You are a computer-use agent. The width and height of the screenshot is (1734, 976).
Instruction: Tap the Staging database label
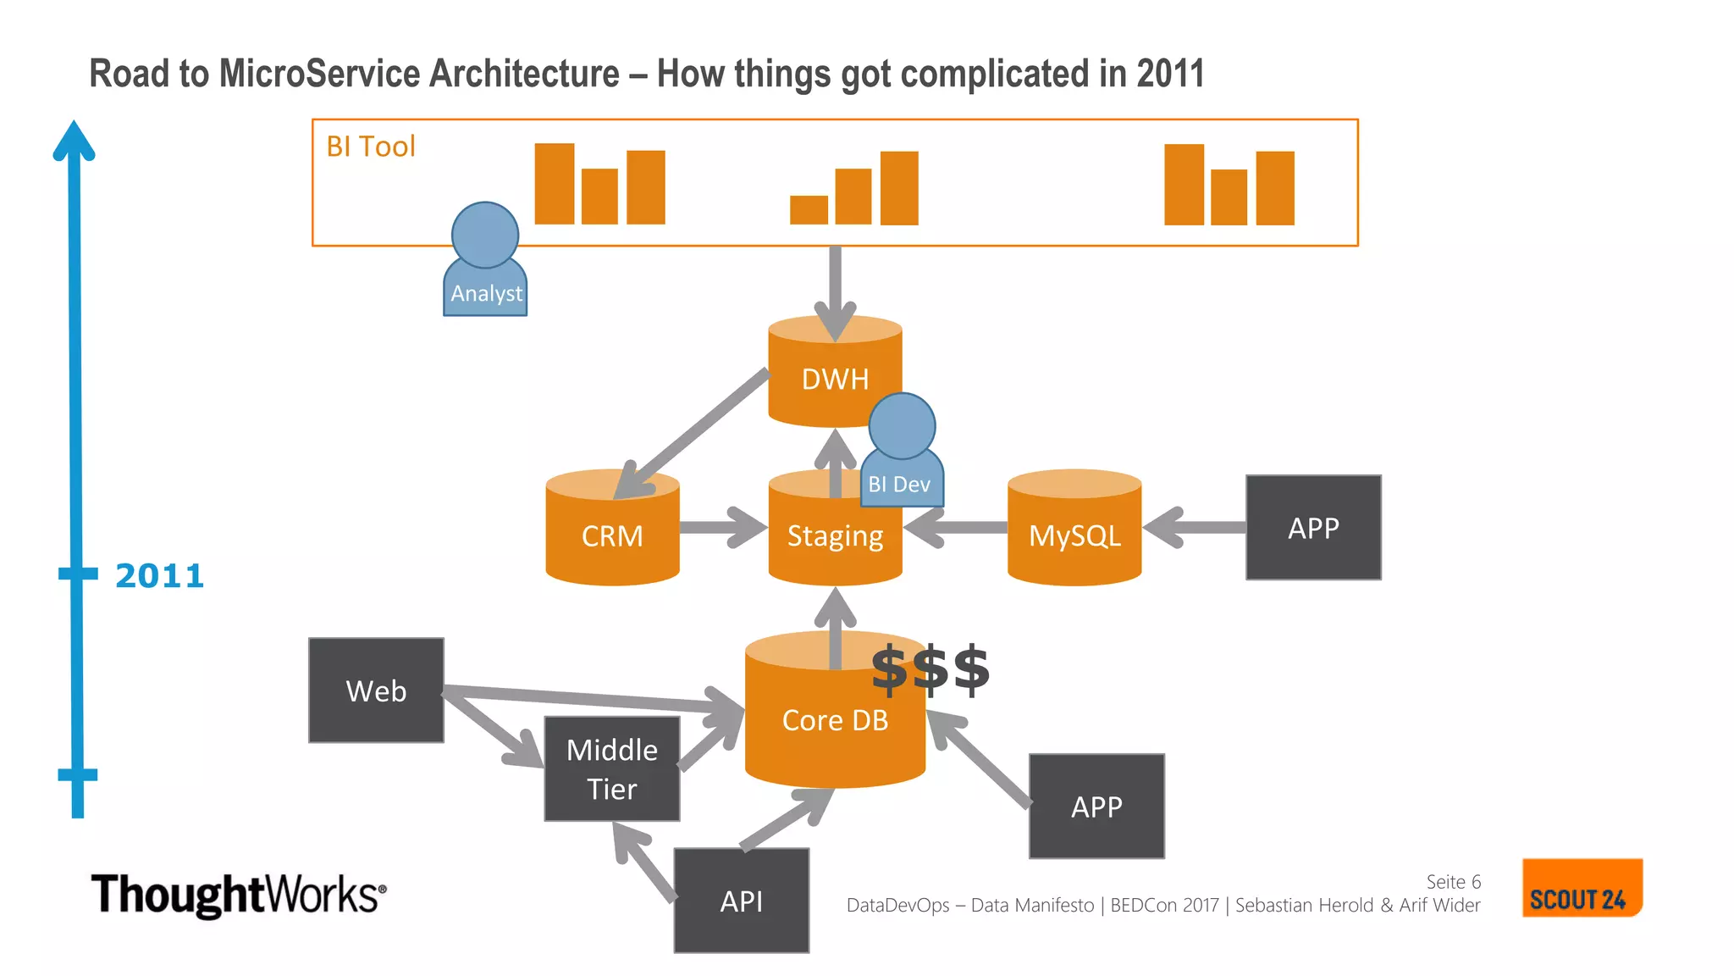point(835,536)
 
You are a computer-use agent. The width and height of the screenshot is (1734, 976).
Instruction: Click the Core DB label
point(835,720)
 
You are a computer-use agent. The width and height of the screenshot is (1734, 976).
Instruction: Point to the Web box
point(376,690)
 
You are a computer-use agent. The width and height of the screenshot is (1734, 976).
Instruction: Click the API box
point(742,901)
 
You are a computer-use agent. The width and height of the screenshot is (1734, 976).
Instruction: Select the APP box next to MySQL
point(1313,528)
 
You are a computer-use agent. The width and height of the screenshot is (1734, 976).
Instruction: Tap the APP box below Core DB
point(1096,807)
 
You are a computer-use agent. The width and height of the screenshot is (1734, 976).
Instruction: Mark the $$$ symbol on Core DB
point(930,669)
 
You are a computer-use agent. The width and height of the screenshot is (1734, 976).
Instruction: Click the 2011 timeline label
point(160,576)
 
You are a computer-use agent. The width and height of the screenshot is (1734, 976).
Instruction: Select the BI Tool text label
point(371,147)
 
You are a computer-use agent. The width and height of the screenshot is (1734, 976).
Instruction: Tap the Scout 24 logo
point(1582,888)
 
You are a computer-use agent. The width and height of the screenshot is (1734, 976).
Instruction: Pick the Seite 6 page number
point(1453,882)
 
